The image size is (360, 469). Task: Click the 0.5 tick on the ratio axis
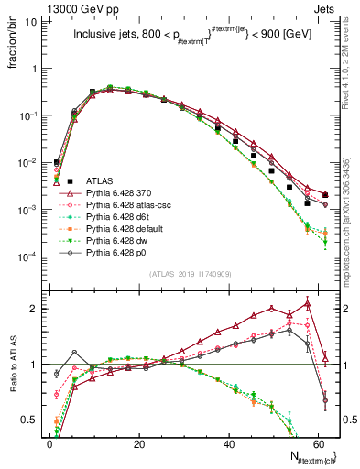click(35, 420)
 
